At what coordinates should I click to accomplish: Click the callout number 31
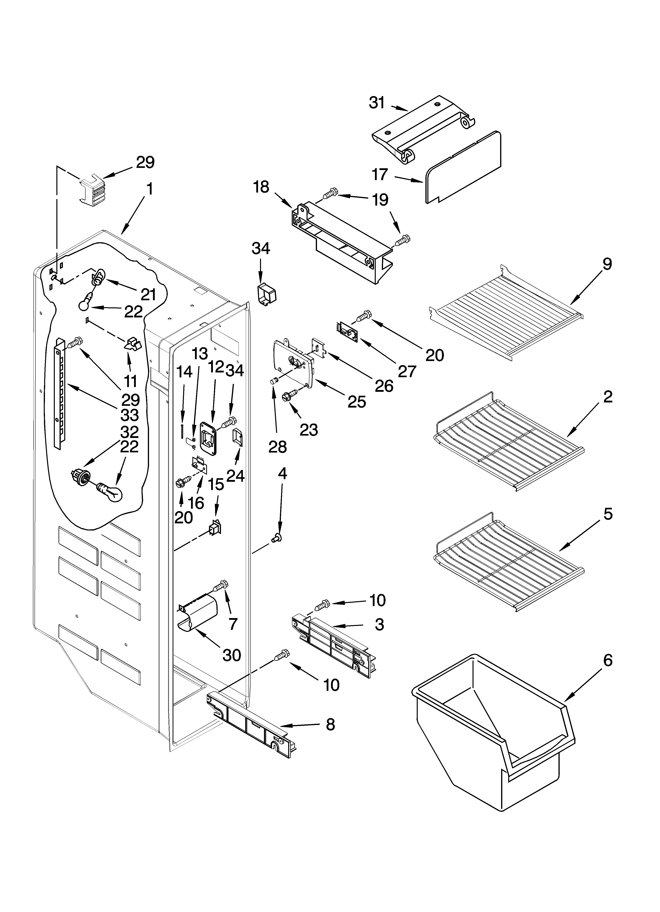click(377, 103)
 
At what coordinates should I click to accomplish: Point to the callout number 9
click(607, 264)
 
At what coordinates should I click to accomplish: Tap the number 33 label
click(130, 415)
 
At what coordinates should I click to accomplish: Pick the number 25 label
click(357, 401)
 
